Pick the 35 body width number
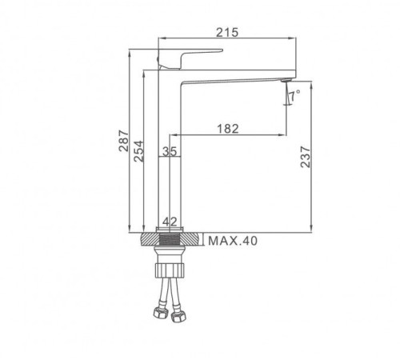[x=169, y=150]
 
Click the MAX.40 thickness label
[x=234, y=240]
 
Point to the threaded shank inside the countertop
[x=169, y=239]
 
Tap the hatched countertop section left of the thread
[x=149, y=239]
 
